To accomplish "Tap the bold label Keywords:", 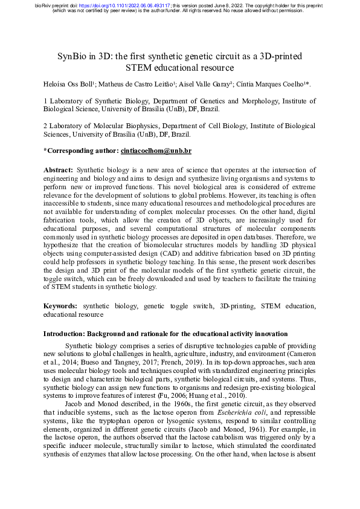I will pos(61,307).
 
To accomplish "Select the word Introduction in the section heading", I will pos(65,334).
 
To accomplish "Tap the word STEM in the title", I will pos(142,67).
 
